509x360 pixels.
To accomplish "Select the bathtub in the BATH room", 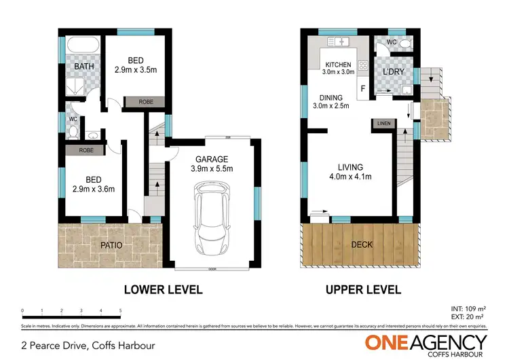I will point(84,47).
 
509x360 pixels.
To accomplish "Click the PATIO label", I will point(110,245).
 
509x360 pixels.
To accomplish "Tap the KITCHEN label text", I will point(338,64).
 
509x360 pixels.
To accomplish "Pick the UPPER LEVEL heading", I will point(362,289).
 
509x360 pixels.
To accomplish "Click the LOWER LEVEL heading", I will point(163,289).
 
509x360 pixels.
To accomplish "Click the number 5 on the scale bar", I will point(120,310).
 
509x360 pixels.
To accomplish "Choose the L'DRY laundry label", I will point(394,72).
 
